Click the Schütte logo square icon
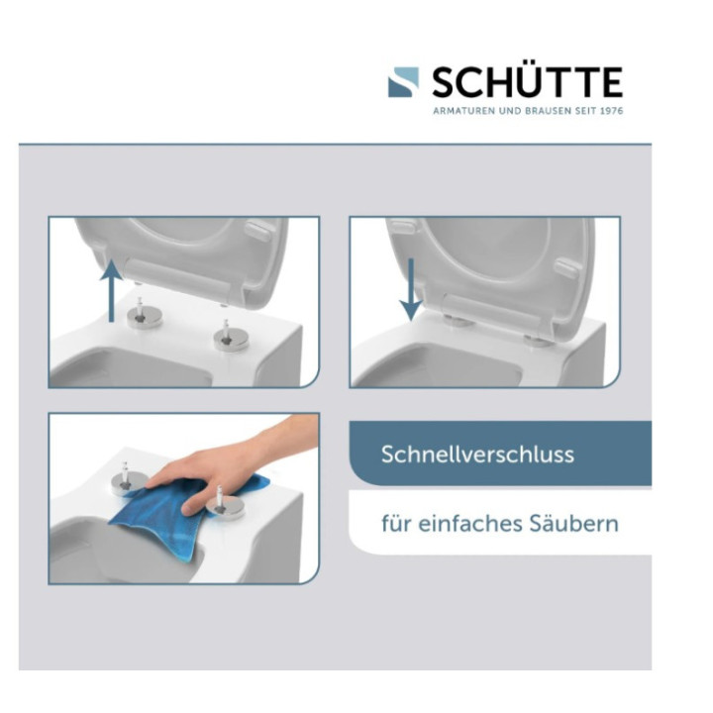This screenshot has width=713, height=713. click(x=403, y=82)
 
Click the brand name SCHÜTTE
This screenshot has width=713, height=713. click(x=527, y=81)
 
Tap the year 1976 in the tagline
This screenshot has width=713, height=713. click(x=609, y=110)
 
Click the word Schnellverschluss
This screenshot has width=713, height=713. click(x=478, y=456)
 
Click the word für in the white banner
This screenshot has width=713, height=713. click(x=395, y=523)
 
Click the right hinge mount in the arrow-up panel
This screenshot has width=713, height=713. click(x=228, y=337)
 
